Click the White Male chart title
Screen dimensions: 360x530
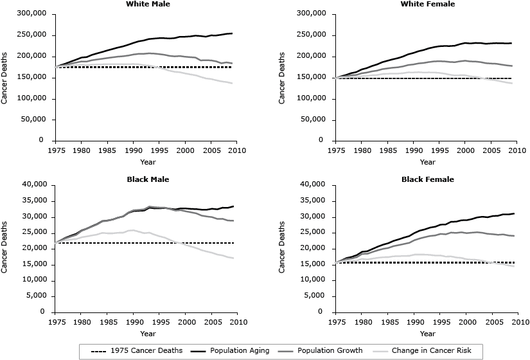148,4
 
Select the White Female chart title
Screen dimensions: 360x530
427,4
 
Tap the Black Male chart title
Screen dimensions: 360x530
148,179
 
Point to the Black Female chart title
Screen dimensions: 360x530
427,179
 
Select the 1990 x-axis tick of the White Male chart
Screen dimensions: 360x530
134,150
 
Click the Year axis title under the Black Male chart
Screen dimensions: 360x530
148,334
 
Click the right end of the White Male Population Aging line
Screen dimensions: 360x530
232,33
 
